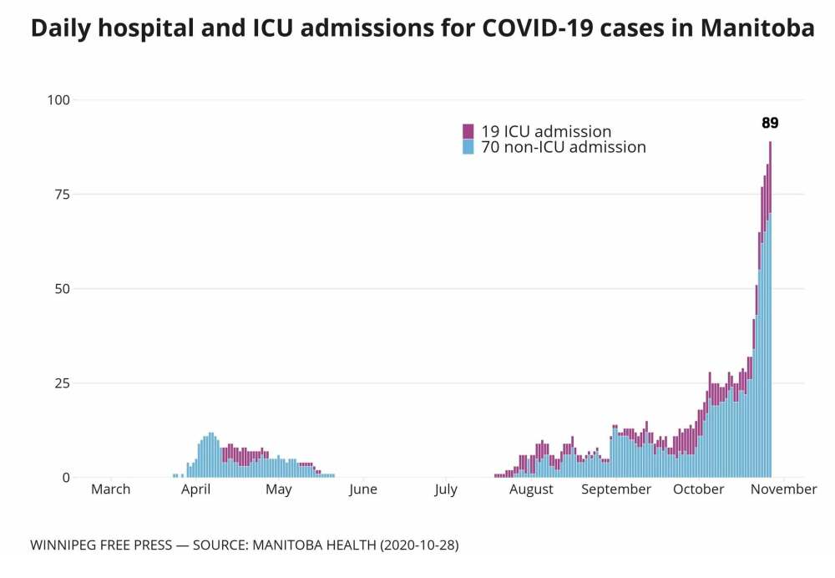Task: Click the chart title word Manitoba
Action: pyautogui.click(x=757, y=28)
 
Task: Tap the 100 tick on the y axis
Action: pyautogui.click(x=58, y=100)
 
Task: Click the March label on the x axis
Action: pyautogui.click(x=110, y=489)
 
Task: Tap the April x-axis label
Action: pyautogui.click(x=195, y=489)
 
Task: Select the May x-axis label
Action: pyautogui.click(x=279, y=489)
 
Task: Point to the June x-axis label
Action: pyautogui.click(x=363, y=489)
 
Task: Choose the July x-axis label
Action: pyautogui.click(x=446, y=489)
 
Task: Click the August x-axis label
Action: pyautogui.click(x=531, y=489)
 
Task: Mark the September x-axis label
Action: pyautogui.click(x=616, y=489)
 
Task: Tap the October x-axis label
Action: pyautogui.click(x=699, y=489)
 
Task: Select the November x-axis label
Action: pyautogui.click(x=782, y=489)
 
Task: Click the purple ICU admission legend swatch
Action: pyautogui.click(x=468, y=131)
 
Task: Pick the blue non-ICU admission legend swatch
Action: pyautogui.click(x=468, y=147)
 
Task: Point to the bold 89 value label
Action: pyautogui.click(x=770, y=123)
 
